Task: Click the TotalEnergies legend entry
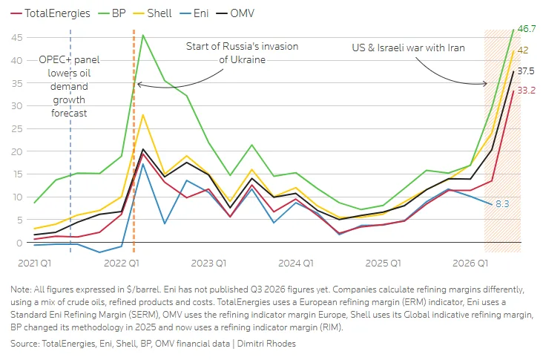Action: pos(50,13)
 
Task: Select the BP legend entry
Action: pos(112,13)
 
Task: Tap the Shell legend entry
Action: pos(152,13)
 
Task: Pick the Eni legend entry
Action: pos(194,13)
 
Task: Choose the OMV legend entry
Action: pos(235,13)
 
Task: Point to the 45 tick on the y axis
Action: pos(16,37)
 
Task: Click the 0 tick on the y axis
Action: pos(19,243)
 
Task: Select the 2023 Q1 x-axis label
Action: pos(208,264)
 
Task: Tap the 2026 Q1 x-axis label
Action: pos(470,264)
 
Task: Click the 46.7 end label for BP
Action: pos(527,29)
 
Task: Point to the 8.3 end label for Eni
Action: pos(502,203)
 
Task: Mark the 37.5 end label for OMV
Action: pos(526,71)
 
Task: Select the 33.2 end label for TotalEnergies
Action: pos(527,91)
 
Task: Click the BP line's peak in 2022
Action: pos(143,35)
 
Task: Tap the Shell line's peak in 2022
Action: pos(142,115)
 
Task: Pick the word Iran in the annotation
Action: pos(456,48)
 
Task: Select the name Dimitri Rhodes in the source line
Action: pos(266,344)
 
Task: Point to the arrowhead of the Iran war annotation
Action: pos(486,83)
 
